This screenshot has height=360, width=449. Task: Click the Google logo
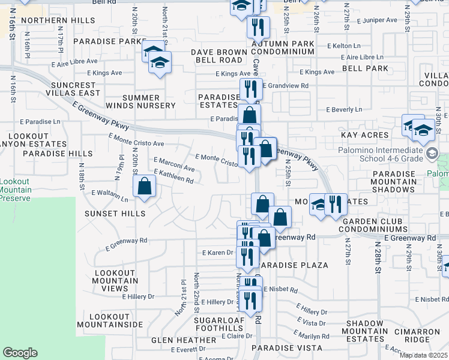tap(20, 353)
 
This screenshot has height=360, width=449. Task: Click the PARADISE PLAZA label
tap(294, 265)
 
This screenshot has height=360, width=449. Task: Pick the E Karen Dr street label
tap(217, 253)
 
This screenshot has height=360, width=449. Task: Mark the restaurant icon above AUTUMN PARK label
tap(256, 26)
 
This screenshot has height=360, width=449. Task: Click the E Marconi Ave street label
tap(174, 164)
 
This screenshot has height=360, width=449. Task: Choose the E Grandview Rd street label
tap(285, 86)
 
